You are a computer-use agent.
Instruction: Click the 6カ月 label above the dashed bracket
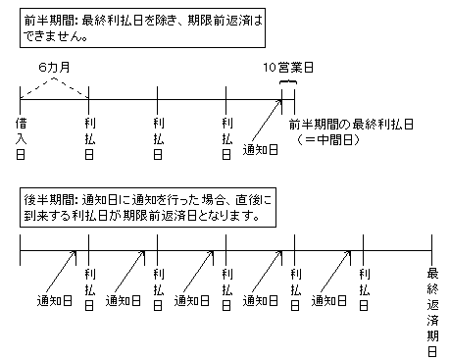pos(54,68)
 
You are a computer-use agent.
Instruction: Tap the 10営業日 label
pos(288,68)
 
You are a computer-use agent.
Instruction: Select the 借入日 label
pos(21,138)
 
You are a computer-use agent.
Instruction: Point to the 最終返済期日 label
pos(432,312)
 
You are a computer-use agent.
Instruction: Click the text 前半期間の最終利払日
pos(351,125)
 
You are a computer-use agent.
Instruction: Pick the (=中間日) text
pos(328,140)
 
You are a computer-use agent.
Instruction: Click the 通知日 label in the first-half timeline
pos(260,150)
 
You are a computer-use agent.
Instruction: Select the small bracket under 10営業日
pos(288,82)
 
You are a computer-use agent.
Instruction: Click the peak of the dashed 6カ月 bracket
pos(54,77)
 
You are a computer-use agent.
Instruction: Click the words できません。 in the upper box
pos(56,36)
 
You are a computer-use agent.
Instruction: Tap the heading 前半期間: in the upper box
pos(51,21)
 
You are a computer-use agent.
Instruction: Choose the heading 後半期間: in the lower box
pos(51,200)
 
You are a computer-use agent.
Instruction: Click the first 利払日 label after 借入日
pos(89,138)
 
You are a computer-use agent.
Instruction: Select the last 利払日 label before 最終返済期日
pos(364,289)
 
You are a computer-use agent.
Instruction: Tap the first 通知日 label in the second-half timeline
pos(54,301)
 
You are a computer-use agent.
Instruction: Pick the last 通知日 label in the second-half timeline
pos(328,301)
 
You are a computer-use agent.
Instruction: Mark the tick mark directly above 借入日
pos(21,100)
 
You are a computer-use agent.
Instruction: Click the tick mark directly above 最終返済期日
pos(431,250)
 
